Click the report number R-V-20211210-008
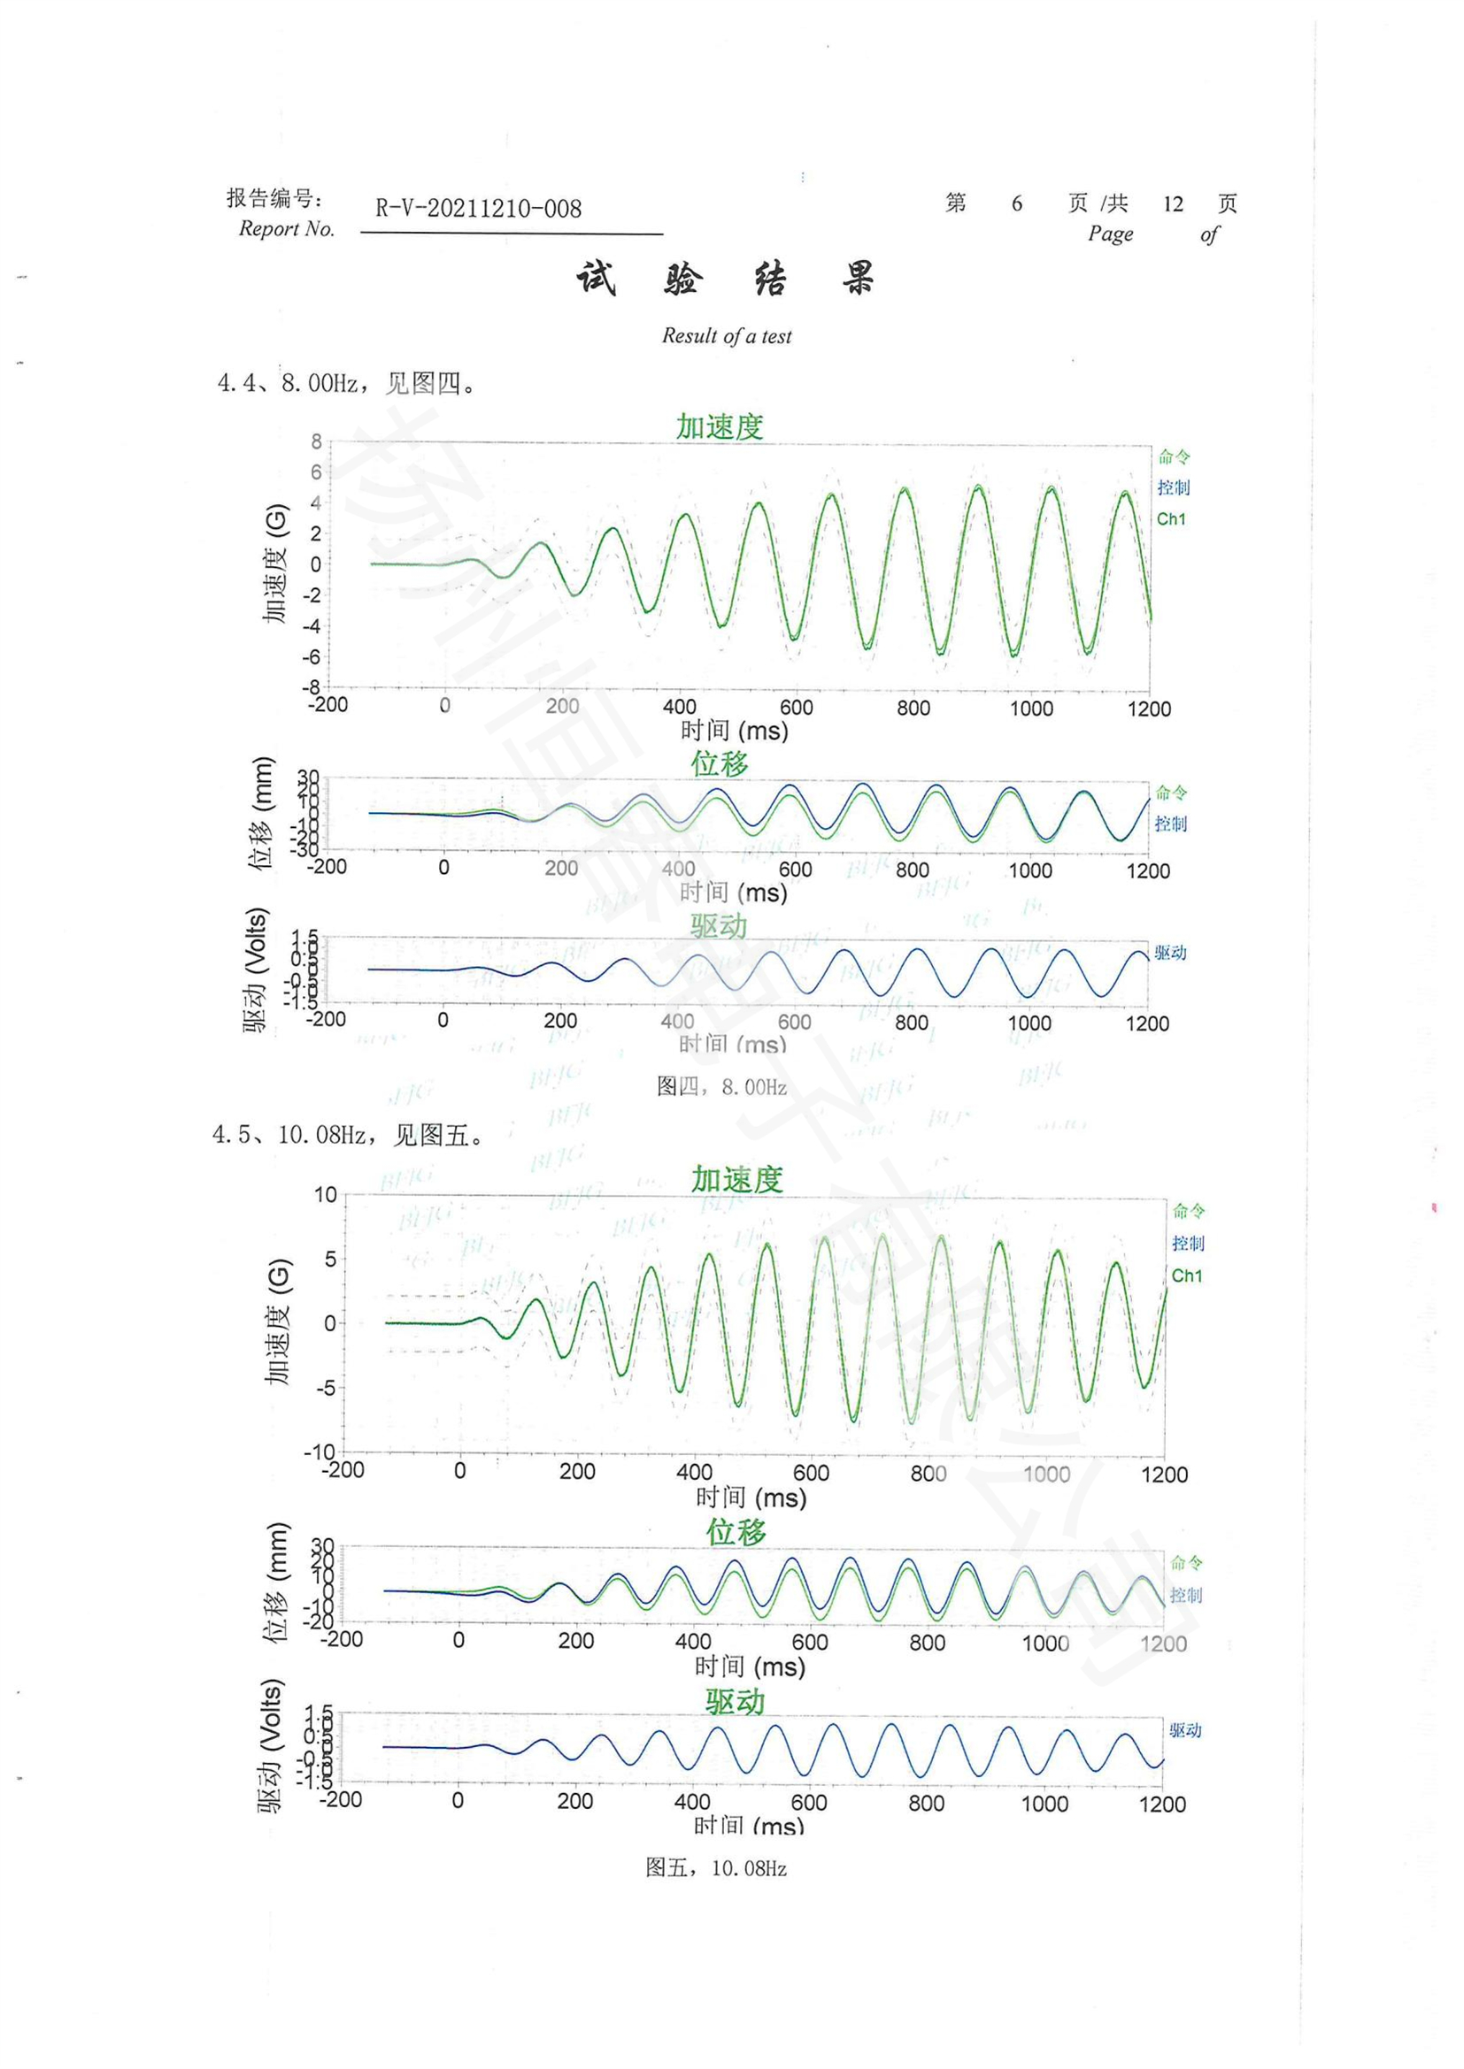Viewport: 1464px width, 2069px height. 478,209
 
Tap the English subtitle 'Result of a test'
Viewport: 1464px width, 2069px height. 727,336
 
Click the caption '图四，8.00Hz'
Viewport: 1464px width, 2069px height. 721,1087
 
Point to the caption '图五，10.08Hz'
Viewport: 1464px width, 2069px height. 716,1868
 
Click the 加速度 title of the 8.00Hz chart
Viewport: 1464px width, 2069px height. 720,426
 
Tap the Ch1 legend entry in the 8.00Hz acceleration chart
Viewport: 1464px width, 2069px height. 1171,519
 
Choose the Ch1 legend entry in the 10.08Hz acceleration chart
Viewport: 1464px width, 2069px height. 1186,1276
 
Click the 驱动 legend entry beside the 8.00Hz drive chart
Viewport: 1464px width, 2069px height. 1170,953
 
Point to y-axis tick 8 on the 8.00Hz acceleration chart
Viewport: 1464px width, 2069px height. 316,441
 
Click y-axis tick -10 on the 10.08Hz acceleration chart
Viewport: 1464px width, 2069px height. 320,1452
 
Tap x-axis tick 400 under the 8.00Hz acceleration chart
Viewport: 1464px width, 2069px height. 679,708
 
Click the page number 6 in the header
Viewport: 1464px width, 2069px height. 1017,203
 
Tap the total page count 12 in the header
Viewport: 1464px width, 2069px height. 1173,203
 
